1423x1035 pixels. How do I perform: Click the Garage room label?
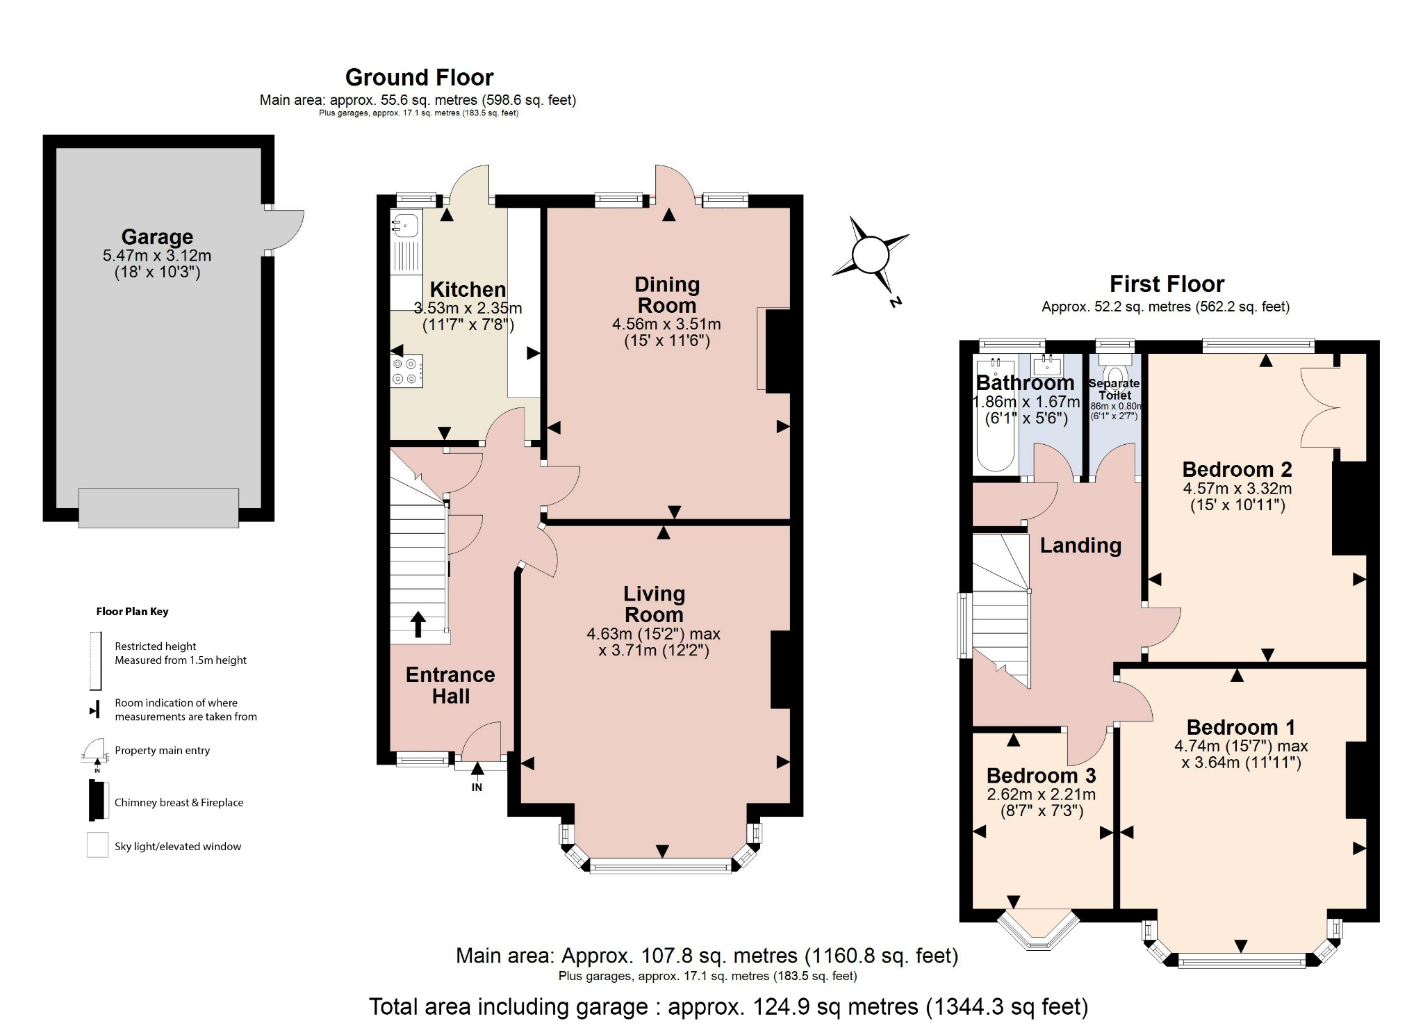coord(157,237)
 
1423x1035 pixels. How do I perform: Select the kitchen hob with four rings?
coord(406,371)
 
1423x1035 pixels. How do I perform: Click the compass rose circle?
coord(870,255)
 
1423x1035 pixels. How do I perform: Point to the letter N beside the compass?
coord(895,302)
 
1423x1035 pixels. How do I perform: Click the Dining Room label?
coord(667,295)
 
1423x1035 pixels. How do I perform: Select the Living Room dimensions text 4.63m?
coord(609,634)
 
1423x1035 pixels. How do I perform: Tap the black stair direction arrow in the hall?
coord(418,624)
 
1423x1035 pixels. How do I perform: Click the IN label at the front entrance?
coord(477,788)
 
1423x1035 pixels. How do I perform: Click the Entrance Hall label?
coord(450,685)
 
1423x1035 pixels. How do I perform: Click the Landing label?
coord(1080,546)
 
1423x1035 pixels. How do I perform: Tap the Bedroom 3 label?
coord(1041,776)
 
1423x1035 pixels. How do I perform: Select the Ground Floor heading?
coord(419,77)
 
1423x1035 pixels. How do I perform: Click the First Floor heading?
coord(1166,284)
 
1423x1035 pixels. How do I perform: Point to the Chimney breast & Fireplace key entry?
coord(179,802)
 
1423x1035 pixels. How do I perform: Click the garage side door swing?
coord(287,229)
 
